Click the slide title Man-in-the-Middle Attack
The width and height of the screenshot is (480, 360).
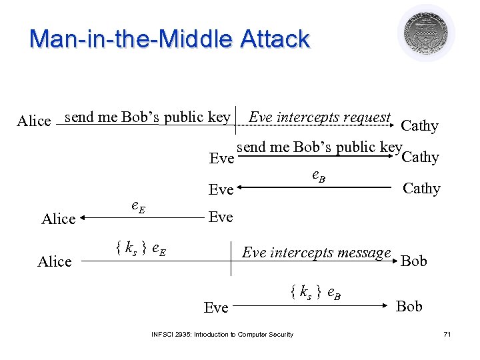[169, 39]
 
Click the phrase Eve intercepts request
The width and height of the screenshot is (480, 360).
[319, 117]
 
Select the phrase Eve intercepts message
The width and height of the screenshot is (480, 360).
[316, 253]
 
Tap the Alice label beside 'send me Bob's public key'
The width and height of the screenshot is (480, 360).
[33, 121]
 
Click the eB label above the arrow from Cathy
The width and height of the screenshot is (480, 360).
[319, 176]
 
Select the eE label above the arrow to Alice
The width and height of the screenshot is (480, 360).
[137, 207]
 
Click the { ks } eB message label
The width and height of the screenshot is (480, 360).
[316, 291]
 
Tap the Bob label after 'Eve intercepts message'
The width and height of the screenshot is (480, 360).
[413, 261]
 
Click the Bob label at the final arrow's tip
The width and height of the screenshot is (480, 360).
[409, 306]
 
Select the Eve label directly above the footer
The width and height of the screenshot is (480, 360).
[216, 307]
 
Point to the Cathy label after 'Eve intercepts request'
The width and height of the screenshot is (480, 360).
[419, 126]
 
